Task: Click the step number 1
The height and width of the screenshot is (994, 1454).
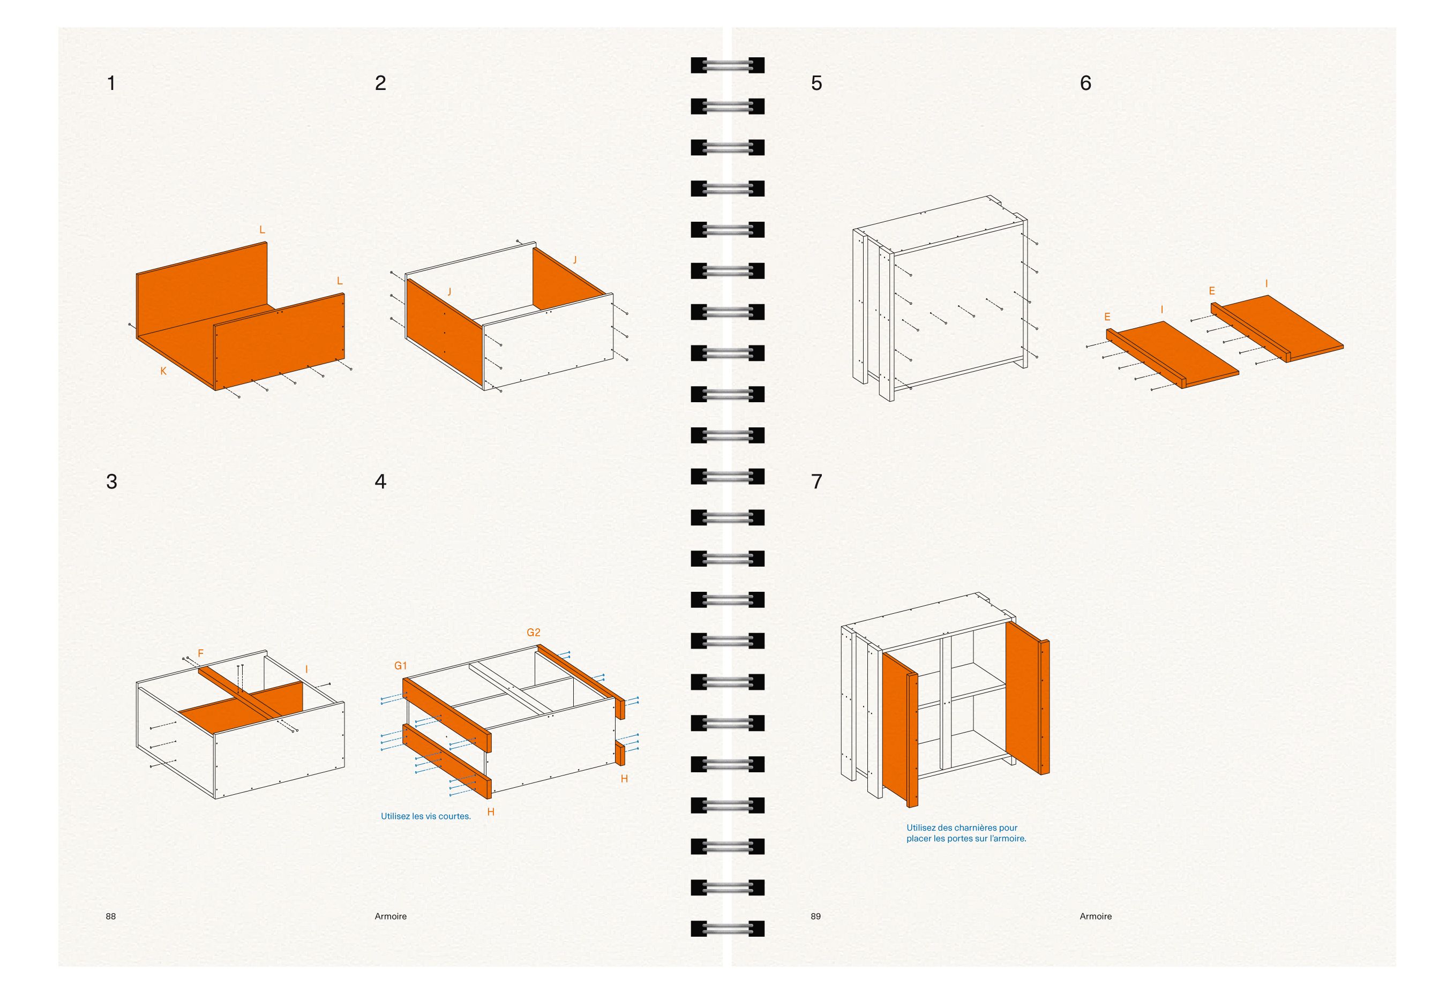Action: [x=111, y=83]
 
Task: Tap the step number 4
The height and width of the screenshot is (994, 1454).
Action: [x=380, y=481]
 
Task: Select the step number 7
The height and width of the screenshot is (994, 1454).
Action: [x=816, y=481]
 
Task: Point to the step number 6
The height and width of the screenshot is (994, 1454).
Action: [x=1085, y=83]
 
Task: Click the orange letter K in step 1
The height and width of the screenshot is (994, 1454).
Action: [x=163, y=371]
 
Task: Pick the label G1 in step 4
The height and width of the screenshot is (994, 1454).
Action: [x=400, y=666]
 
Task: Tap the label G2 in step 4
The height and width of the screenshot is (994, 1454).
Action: [x=533, y=632]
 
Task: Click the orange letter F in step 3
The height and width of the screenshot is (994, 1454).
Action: [x=201, y=653]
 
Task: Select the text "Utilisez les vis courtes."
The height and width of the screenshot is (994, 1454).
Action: [x=425, y=816]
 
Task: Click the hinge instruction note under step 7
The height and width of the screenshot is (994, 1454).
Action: [x=966, y=833]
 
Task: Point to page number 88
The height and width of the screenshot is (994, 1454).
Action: [x=111, y=916]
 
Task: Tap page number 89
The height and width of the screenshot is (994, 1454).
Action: [x=816, y=916]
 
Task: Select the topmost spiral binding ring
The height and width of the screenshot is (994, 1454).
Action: [x=728, y=65]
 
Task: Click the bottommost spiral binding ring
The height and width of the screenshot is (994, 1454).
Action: [x=728, y=928]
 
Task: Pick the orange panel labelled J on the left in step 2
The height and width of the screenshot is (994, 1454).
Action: [x=445, y=332]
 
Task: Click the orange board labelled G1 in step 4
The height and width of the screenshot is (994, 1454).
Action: [x=447, y=714]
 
